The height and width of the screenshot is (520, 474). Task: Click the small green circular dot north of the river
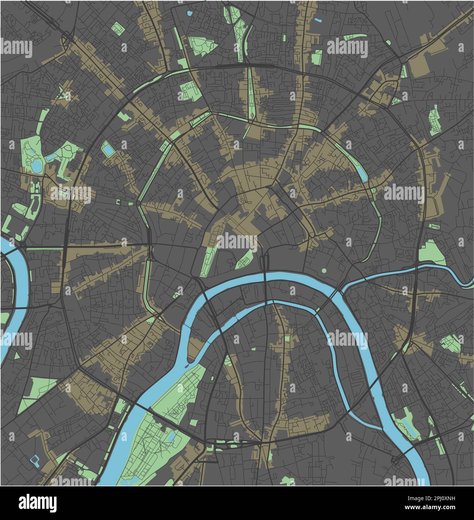(324, 270)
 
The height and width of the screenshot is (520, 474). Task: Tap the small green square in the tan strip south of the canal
(287, 339)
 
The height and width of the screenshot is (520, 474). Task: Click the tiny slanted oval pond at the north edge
(318, 19)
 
